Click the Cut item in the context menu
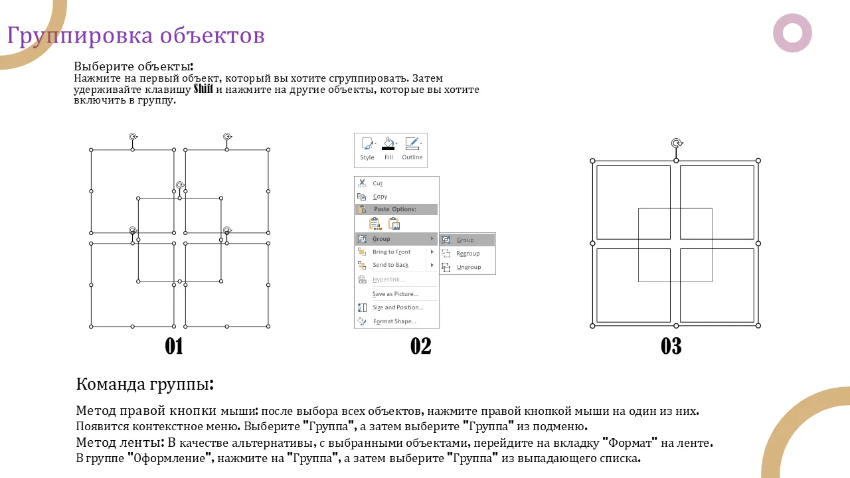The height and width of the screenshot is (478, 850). click(x=378, y=184)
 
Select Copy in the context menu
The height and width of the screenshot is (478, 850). click(x=380, y=197)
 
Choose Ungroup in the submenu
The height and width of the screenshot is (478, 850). click(x=469, y=267)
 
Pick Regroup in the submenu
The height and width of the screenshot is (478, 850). click(x=468, y=254)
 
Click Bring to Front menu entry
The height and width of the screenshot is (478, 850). click(x=391, y=252)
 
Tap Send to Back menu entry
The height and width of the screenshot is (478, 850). click(x=390, y=265)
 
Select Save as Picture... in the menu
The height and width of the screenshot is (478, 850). click(x=395, y=294)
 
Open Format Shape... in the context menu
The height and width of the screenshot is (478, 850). click(x=394, y=321)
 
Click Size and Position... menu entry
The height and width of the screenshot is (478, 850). click(x=398, y=307)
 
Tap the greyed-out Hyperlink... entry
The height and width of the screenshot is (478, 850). click(x=388, y=279)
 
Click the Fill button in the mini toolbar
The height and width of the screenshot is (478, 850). click(x=388, y=149)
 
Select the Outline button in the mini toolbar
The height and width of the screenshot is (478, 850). click(x=412, y=149)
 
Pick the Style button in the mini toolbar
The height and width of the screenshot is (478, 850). click(x=367, y=149)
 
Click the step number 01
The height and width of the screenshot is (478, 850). click(x=174, y=346)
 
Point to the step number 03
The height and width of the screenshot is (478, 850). click(x=671, y=346)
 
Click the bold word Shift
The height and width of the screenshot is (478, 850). click(x=203, y=89)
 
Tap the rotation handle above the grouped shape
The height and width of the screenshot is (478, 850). click(x=677, y=143)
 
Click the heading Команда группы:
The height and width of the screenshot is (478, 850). click(x=145, y=384)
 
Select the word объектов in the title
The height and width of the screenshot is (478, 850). click(x=212, y=35)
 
